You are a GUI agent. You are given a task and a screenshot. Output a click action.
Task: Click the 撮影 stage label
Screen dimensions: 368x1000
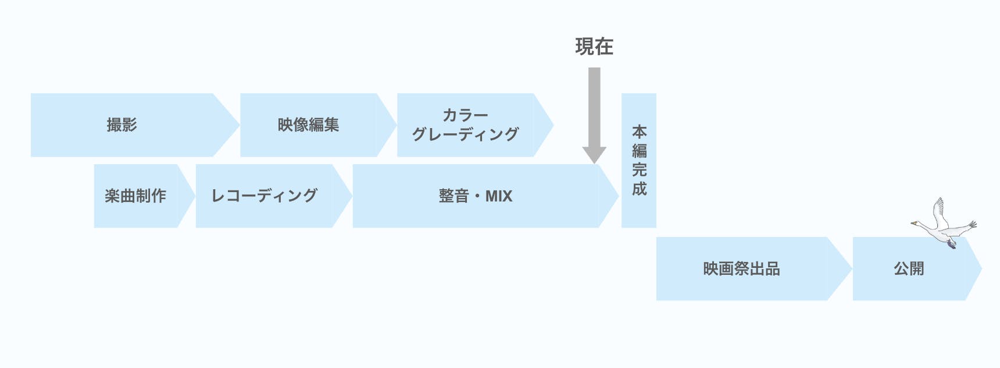coord(122,125)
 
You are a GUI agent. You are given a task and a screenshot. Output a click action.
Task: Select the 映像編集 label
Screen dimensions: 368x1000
coord(308,125)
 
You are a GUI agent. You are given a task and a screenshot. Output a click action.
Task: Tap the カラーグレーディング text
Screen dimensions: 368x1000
coord(465,125)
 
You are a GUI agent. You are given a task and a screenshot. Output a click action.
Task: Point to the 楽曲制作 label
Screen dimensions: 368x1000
coord(135,196)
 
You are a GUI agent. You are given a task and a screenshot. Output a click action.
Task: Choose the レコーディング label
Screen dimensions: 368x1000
coord(265,196)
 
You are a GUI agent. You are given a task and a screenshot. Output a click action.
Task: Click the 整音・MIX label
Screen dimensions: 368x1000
coord(475,196)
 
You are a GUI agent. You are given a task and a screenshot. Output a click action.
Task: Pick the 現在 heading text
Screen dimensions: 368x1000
coord(594,47)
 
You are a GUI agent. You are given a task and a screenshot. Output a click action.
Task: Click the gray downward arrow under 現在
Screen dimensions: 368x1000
coord(594,111)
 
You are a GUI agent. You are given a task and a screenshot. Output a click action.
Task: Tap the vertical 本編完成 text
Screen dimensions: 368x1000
coord(639,160)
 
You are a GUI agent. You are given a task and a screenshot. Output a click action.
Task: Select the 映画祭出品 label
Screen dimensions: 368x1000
coord(741,268)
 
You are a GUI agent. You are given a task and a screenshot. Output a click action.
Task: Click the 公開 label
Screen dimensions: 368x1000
coord(909,268)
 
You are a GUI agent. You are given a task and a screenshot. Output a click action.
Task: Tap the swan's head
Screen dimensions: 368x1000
coord(916,222)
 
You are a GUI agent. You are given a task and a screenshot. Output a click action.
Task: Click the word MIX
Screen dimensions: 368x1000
coord(499,196)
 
